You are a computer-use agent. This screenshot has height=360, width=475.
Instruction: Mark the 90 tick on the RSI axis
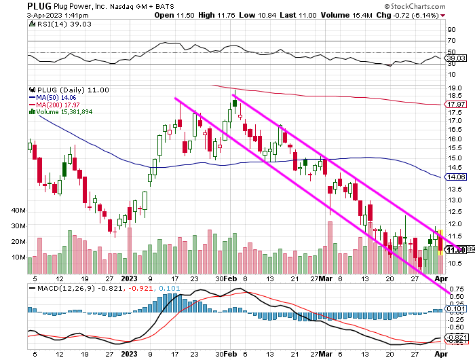(450, 30)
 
